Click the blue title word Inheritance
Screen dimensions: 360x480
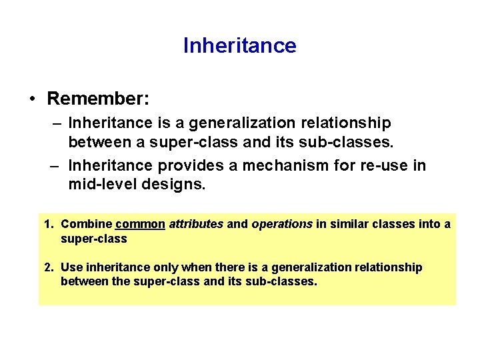click(239, 45)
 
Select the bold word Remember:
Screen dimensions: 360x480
click(98, 99)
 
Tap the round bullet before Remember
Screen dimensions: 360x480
click(33, 99)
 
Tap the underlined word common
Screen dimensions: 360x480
click(140, 224)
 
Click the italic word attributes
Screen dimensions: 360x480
click(196, 224)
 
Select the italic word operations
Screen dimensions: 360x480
click(281, 224)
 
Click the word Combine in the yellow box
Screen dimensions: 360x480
click(86, 224)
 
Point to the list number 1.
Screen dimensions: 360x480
click(48, 224)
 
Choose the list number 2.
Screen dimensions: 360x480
click(48, 267)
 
